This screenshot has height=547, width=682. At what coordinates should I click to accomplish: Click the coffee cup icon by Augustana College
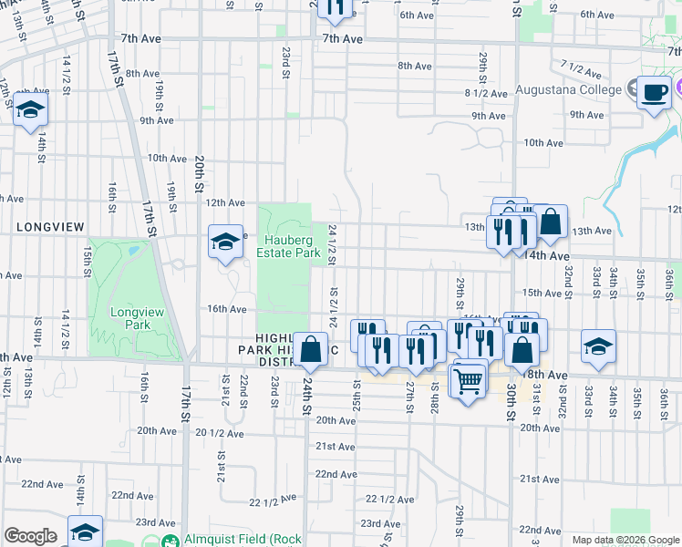655,94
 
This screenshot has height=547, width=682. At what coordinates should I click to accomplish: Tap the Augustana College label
568,89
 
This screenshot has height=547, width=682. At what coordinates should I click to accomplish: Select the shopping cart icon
468,380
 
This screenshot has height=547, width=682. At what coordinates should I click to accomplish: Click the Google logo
30,536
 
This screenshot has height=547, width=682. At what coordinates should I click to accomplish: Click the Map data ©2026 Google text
625,540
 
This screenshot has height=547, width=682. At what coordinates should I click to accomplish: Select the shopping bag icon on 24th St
310,350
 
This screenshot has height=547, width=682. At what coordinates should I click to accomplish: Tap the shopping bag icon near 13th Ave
551,222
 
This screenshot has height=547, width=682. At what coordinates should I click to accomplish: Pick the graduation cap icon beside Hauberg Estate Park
225,243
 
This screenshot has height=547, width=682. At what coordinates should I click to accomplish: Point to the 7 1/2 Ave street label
584,68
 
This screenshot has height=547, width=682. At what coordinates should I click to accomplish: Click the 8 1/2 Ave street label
486,93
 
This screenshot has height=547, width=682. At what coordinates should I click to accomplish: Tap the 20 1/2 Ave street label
216,433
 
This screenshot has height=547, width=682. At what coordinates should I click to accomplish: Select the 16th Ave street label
227,309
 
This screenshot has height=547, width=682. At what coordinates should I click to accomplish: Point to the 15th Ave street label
542,293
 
